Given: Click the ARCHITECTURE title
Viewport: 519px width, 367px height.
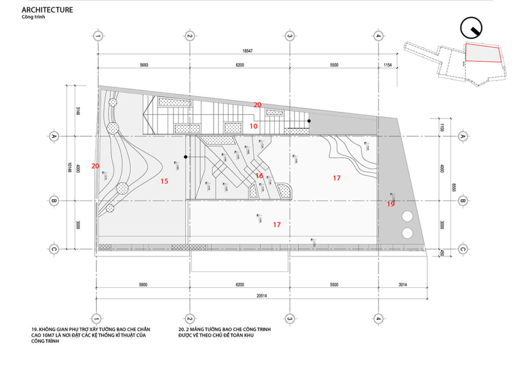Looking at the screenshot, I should pos(47,10).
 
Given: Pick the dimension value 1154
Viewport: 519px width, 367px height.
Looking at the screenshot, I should pos(388,65).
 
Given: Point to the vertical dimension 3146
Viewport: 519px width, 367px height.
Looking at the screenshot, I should pos(75,111).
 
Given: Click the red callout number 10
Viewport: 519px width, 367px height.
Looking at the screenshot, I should pos(253,126).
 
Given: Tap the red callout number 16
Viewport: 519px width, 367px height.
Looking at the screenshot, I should pos(259,176).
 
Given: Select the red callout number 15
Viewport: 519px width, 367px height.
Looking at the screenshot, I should pos(164,181).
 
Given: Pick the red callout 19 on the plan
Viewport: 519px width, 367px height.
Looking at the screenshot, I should pos(390,204).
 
